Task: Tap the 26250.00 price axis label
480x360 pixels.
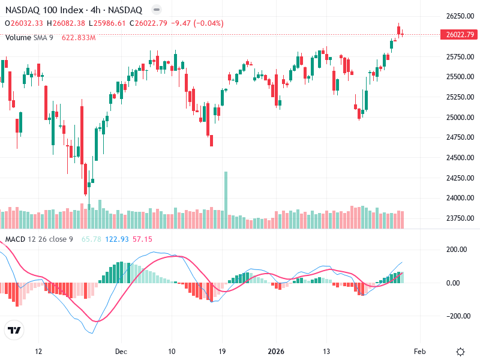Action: click(461, 16)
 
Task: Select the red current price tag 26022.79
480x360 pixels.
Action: click(461, 35)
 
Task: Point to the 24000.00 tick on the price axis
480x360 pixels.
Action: click(461, 198)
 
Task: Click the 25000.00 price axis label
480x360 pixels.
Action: click(461, 117)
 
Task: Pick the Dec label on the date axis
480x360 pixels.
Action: click(122, 351)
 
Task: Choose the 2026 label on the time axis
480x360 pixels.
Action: click(275, 351)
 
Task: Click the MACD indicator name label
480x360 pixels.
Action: click(15, 239)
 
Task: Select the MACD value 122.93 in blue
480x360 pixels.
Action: click(116, 239)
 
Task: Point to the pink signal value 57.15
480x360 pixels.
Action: click(142, 239)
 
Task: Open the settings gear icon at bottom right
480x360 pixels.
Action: click(461, 351)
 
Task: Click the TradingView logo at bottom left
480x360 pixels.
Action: click(14, 330)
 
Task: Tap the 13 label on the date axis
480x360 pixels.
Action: click(327, 351)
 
